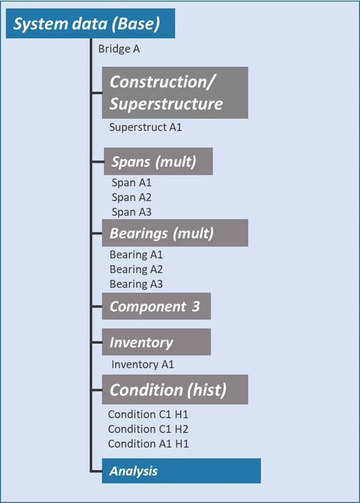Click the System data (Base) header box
coord(90,24)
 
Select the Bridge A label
coord(119,49)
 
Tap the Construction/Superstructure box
coord(175,93)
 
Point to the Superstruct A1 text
coord(146,127)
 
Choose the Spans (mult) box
coord(158,161)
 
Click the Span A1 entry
coord(132,183)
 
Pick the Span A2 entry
coord(132,198)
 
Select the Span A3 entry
coord(132,212)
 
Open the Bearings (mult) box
coord(175,233)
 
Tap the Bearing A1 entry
coord(136,255)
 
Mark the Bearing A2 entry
coord(136,269)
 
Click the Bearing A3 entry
coord(136,284)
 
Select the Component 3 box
coord(156,307)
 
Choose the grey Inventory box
coord(156,342)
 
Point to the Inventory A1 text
coord(143,364)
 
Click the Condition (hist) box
coord(175,390)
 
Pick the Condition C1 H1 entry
coord(148,414)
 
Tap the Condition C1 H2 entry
coord(148,429)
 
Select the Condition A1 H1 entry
coord(148,443)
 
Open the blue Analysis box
coord(181,470)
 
